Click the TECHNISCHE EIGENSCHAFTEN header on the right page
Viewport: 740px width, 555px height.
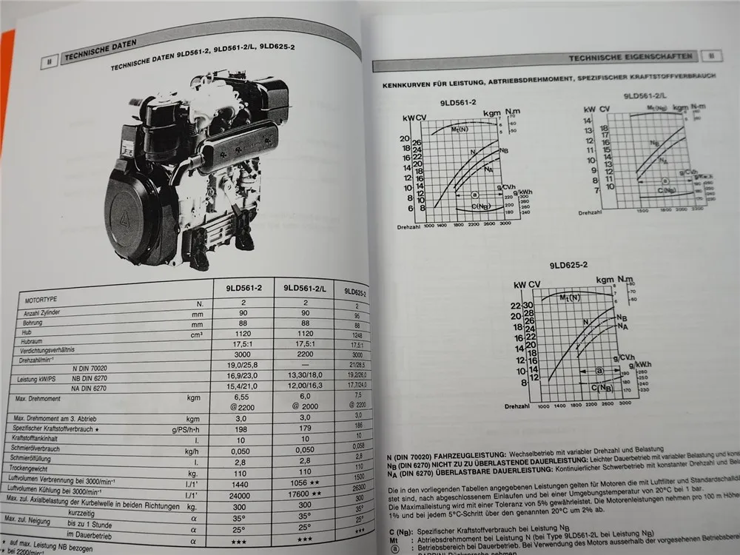coord(631,57)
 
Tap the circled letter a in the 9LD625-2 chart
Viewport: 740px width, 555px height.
coord(600,371)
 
